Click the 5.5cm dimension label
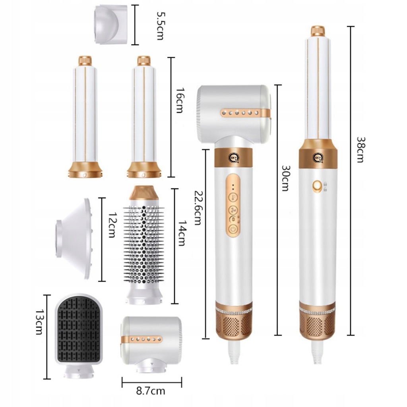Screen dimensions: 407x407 point(160,25)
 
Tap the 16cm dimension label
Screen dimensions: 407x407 point(180,101)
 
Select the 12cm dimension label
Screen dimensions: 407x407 point(112,225)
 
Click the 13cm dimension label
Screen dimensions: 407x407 point(39,322)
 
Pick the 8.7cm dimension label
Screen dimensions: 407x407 point(151,391)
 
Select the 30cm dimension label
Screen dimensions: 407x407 point(285,178)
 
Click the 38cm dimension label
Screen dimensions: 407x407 point(360,150)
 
